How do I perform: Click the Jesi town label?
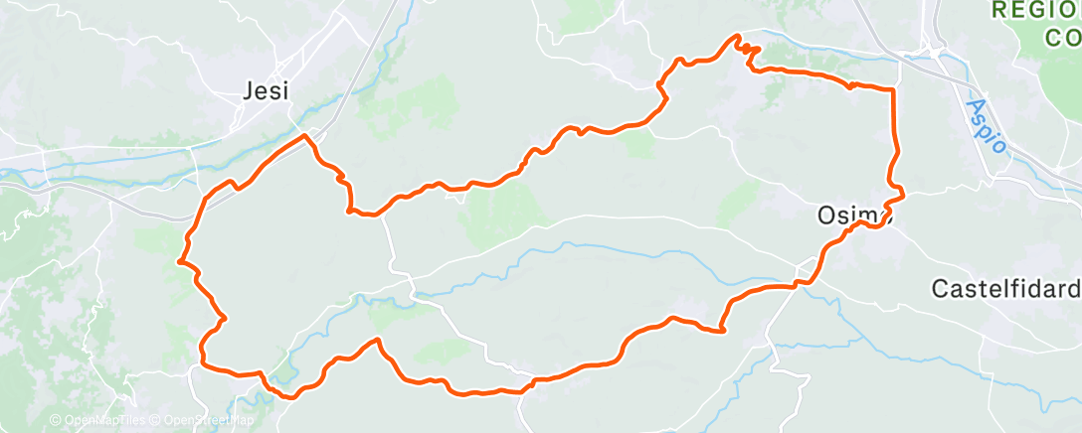coord(266,90)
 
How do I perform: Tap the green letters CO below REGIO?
coord(1060,38)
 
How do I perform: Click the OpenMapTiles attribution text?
coord(102,420)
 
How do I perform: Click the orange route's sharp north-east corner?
coord(892,89)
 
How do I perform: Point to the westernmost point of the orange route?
coord(179,261)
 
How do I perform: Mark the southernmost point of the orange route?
coord(290,397)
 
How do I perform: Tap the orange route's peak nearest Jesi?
coord(304,136)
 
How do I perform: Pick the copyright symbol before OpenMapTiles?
coord(57,420)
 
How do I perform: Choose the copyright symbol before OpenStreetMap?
coord(156,420)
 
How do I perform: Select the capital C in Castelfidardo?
coord(939,289)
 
